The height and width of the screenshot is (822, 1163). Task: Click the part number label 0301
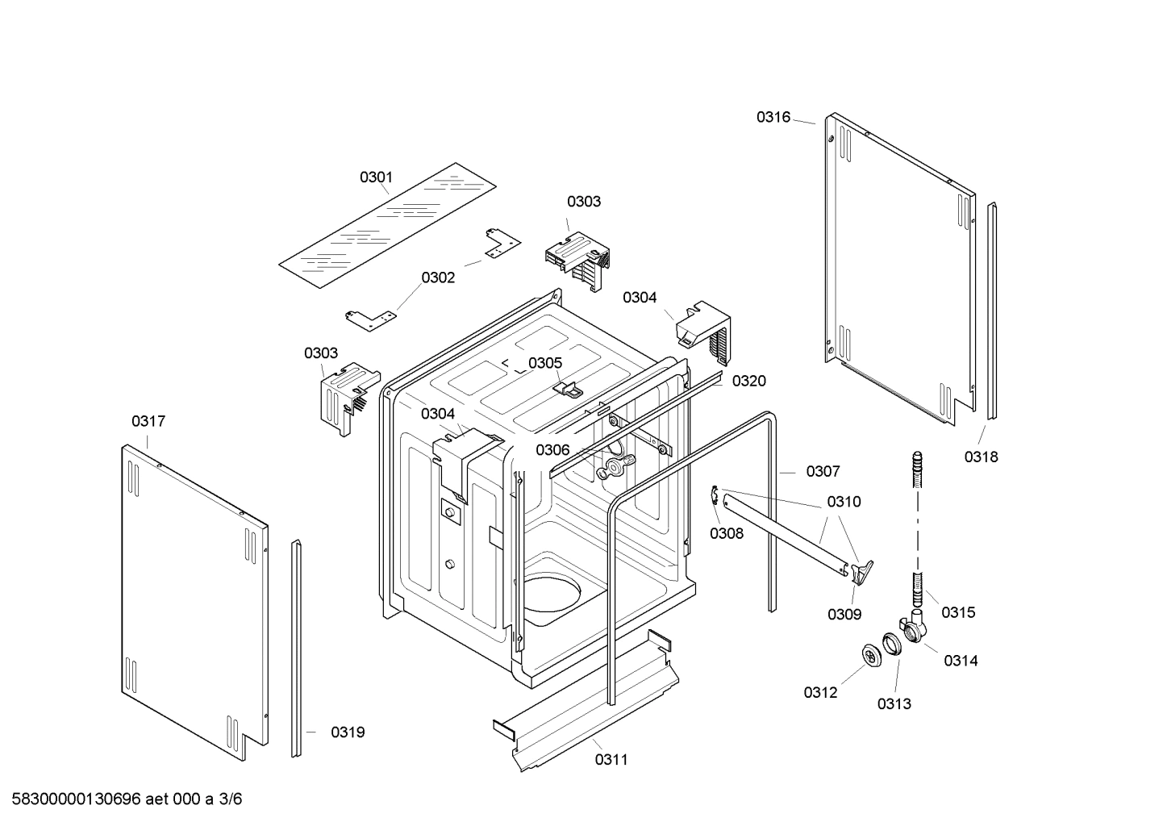click(x=376, y=177)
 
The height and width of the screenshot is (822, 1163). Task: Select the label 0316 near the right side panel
click(x=773, y=117)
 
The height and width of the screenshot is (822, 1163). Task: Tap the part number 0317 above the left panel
click(x=148, y=421)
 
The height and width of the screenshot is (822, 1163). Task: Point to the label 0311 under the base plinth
click(x=611, y=759)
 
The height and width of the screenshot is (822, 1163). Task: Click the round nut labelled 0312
click(x=870, y=657)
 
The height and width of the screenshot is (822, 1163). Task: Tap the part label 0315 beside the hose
click(x=958, y=612)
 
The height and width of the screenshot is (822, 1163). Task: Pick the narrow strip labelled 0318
click(x=991, y=311)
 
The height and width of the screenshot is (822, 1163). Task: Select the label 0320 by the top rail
click(x=748, y=381)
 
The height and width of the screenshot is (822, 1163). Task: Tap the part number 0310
click(x=844, y=502)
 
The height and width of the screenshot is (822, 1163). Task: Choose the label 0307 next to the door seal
click(x=823, y=471)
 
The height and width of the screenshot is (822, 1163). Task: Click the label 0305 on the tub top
click(x=545, y=363)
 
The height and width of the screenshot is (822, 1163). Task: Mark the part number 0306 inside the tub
click(x=552, y=450)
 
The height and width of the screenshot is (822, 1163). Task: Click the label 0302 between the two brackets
click(x=438, y=277)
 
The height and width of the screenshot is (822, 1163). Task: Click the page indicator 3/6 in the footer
click(x=231, y=799)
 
